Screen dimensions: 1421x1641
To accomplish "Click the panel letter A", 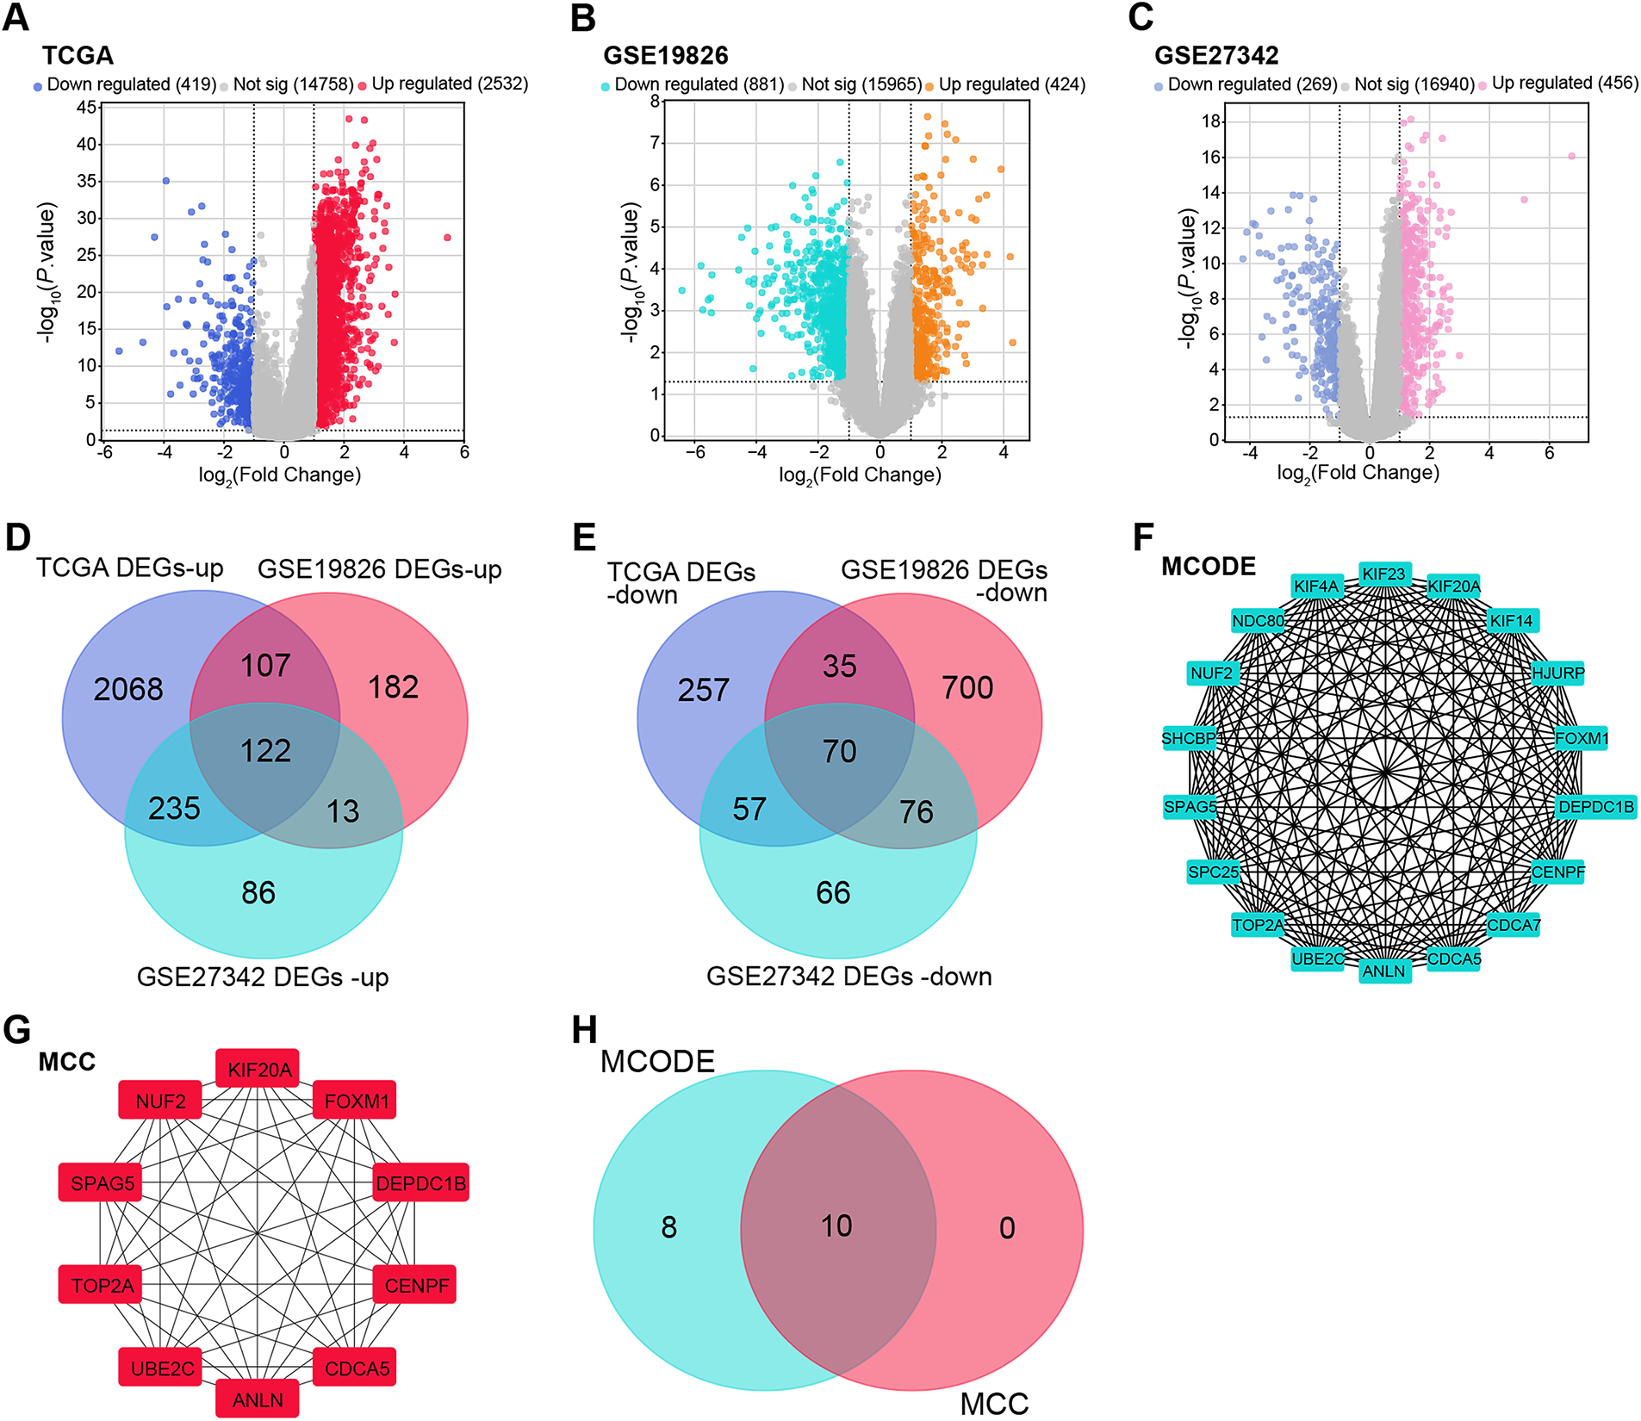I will pyautogui.click(x=16, y=17).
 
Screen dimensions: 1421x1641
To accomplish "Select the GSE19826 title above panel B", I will pyautogui.click(x=665, y=56).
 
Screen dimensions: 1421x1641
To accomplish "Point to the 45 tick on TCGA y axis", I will pyautogui.click(x=86, y=108).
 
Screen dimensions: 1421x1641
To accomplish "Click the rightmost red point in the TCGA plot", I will pyautogui.click(x=447, y=238).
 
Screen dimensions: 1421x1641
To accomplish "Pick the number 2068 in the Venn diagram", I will pyautogui.click(x=128, y=690).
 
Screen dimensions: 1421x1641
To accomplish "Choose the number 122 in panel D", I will pyautogui.click(x=265, y=751).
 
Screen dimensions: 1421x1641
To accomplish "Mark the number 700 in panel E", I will pyautogui.click(x=967, y=688).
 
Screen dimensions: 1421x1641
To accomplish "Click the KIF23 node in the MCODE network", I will pyautogui.click(x=1383, y=574).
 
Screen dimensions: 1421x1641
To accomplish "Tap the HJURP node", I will pyautogui.click(x=1557, y=673).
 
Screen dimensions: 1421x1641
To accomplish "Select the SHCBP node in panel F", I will pyautogui.click(x=1189, y=739).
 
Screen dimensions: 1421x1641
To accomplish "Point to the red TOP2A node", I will pyautogui.click(x=102, y=1286).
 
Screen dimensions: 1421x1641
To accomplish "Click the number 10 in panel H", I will pyautogui.click(x=836, y=1226).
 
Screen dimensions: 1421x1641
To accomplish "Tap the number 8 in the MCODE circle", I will pyautogui.click(x=668, y=1227).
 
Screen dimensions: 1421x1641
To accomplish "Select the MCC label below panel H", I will pyautogui.click(x=994, y=1404).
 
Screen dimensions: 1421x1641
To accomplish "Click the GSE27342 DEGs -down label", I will pyautogui.click(x=848, y=977).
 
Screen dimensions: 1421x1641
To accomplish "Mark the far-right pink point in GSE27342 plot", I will pyautogui.click(x=1571, y=157).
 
